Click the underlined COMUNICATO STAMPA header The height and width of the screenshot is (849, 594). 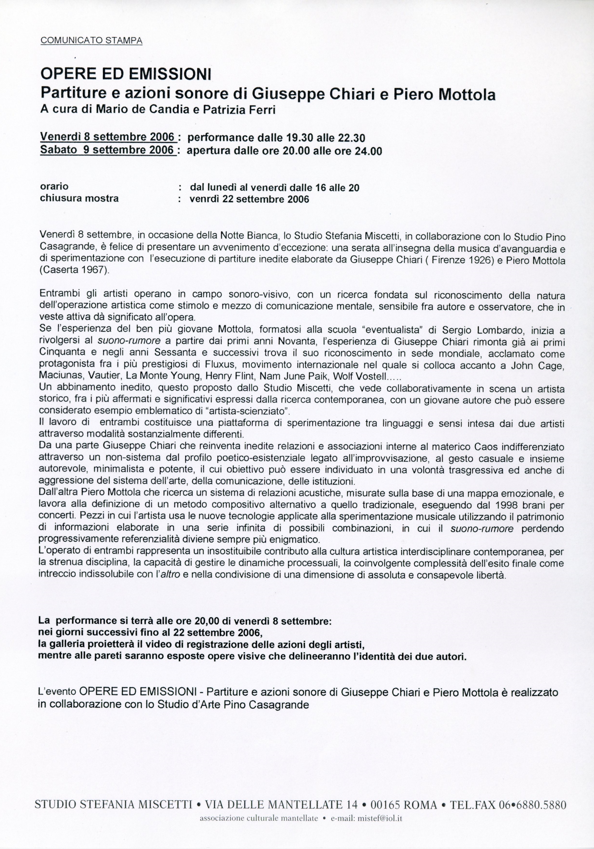pos(91,40)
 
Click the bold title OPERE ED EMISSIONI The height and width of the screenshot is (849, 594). pos(125,75)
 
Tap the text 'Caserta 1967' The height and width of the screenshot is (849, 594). pos(74,271)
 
